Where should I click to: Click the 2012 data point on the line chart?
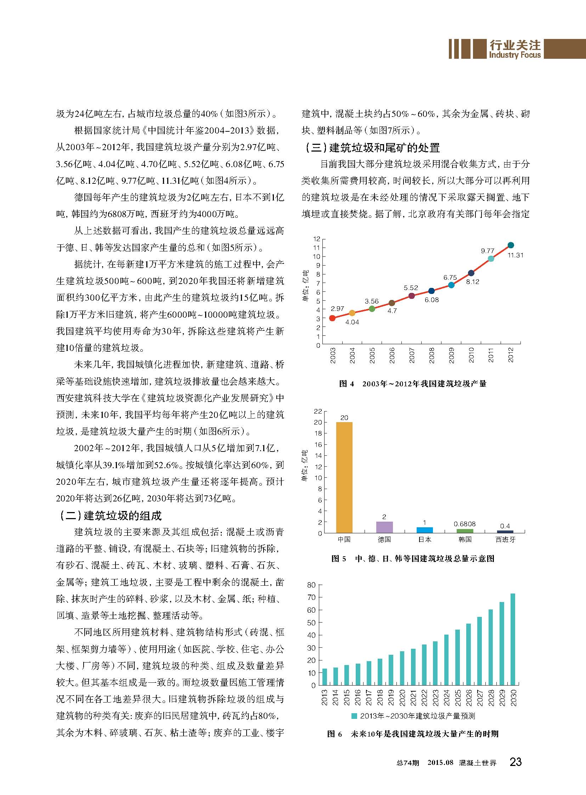[x=511, y=245]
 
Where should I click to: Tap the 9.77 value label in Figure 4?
[x=488, y=251]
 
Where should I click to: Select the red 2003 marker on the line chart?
[x=332, y=318]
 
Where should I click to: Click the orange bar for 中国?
[x=344, y=477]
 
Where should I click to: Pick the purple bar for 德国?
[x=384, y=527]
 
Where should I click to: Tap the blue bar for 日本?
[x=424, y=530]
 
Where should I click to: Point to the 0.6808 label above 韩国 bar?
[x=465, y=524]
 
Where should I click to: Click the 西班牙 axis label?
[x=505, y=539]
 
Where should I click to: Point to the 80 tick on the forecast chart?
[x=311, y=585]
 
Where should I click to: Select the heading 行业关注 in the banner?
[x=515, y=45]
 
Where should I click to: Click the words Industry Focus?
[x=515, y=55]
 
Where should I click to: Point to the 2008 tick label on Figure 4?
[x=432, y=355]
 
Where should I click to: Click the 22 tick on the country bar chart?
[x=318, y=411]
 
